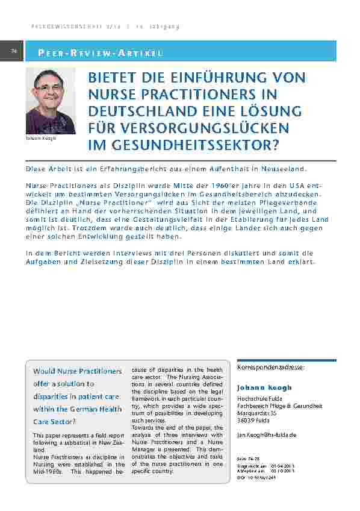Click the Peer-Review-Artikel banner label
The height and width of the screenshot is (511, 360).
(x=101, y=53)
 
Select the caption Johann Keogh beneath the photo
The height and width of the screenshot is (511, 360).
(x=41, y=138)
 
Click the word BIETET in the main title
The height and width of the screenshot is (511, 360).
(x=113, y=78)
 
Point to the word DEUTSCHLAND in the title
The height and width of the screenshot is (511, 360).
(x=137, y=111)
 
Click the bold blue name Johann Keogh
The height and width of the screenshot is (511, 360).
(x=264, y=387)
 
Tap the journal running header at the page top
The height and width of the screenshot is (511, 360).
(x=105, y=27)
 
